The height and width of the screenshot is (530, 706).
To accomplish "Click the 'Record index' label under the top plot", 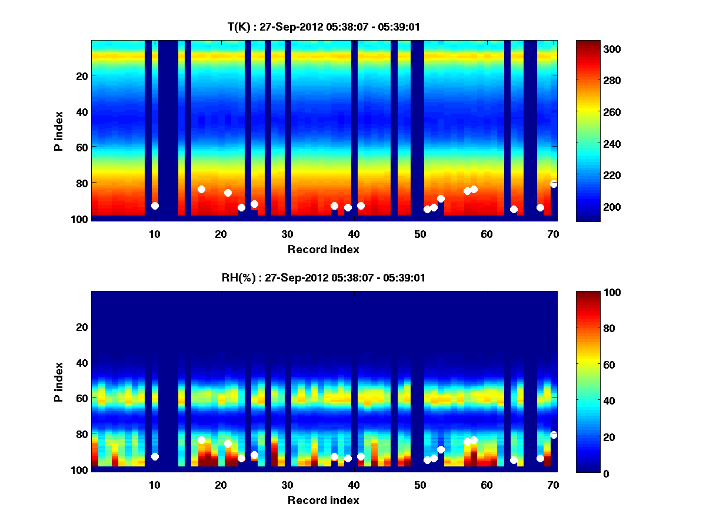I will pyautogui.click(x=323, y=249).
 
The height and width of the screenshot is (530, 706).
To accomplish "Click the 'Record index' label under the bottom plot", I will pyautogui.click(x=323, y=501).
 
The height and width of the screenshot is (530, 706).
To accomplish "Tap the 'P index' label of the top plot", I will pyautogui.click(x=59, y=130).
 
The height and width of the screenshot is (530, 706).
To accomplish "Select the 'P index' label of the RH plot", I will pyautogui.click(x=59, y=381).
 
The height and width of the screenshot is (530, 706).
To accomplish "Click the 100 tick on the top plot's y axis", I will pyautogui.click(x=80, y=219).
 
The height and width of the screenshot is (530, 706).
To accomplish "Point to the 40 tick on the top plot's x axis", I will pyautogui.click(x=354, y=233).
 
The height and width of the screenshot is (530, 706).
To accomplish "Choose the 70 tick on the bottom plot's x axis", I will pyautogui.click(x=553, y=485).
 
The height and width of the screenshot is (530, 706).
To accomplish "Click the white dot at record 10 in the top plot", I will pyautogui.click(x=155, y=206).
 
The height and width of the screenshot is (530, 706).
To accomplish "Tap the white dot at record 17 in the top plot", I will pyautogui.click(x=201, y=189).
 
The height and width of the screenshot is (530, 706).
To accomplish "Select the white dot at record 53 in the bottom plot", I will pyautogui.click(x=441, y=450).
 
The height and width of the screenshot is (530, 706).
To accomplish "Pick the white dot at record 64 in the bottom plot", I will pyautogui.click(x=514, y=460).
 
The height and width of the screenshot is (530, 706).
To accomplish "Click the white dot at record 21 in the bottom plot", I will pyautogui.click(x=228, y=443).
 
